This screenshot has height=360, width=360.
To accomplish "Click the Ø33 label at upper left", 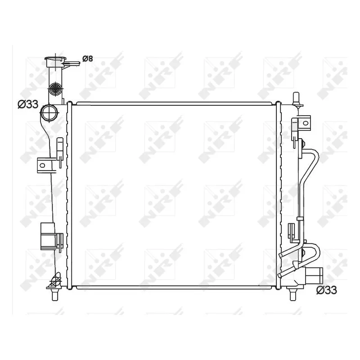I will [27, 104].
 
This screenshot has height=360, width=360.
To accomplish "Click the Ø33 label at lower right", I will [327, 290].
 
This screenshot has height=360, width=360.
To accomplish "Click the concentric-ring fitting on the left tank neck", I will [56, 88].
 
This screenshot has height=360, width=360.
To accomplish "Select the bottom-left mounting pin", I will [55, 295].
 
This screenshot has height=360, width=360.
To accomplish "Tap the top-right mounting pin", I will [296, 99].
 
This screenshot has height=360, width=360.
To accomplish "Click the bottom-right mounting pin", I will [292, 295].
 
